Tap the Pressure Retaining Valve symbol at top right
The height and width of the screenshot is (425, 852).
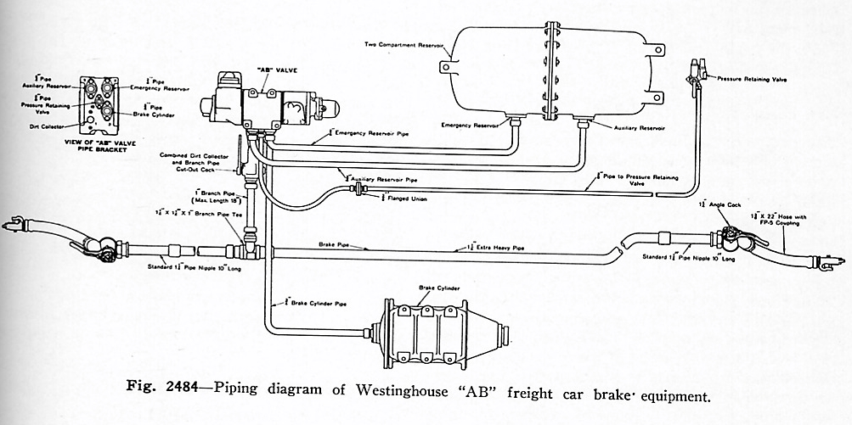pyautogui.click(x=697, y=70)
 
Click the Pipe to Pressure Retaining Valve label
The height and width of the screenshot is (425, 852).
pyautogui.click(x=620, y=179)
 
